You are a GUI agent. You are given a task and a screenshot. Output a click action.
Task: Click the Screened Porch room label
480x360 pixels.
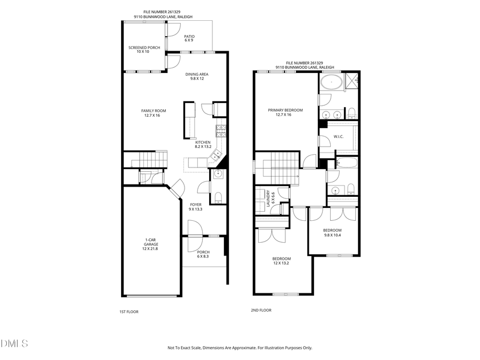[144, 50]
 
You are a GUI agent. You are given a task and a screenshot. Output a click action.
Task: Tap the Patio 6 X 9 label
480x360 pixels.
[189, 38]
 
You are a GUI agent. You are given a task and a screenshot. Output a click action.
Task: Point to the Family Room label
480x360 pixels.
[154, 113]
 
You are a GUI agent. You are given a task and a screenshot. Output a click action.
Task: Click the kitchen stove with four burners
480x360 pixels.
[221, 130]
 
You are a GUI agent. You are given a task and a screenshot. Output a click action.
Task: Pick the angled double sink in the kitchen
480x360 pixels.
[217, 155]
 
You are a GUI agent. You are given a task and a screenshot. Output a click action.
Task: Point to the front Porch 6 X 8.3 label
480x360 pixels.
[203, 254]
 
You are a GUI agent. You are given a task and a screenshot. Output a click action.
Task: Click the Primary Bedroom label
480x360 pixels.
[285, 112]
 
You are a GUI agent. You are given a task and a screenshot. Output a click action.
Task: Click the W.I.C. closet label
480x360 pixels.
[338, 137]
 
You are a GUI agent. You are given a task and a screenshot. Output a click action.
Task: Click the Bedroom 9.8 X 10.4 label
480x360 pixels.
[332, 233]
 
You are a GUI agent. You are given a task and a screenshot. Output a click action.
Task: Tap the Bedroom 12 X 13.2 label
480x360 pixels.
[282, 261]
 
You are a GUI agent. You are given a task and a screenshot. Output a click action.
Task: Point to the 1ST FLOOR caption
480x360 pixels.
[129, 311]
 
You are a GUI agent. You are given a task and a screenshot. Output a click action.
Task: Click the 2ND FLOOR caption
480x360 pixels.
[261, 310]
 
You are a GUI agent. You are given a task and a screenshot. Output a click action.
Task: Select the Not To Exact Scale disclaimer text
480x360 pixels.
[240, 348]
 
